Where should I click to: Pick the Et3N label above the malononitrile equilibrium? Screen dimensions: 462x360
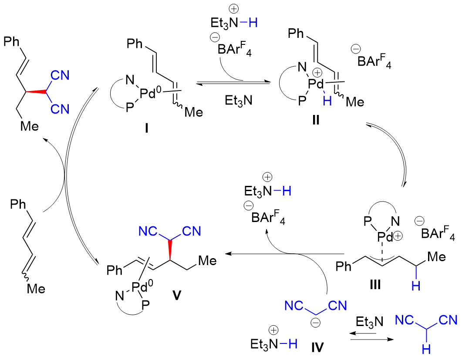click(369, 323)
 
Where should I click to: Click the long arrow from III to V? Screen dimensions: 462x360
click(283, 253)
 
